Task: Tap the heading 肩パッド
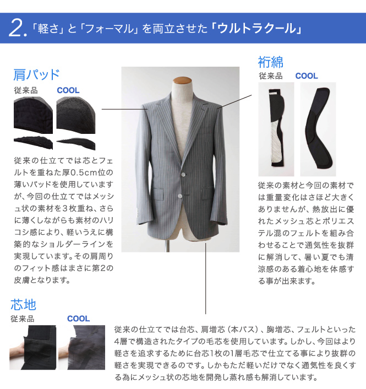(36, 74)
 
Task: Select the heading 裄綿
(271, 62)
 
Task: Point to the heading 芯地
(23, 304)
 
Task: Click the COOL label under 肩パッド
(68, 90)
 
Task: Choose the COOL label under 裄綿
(307, 76)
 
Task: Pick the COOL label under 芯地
(78, 318)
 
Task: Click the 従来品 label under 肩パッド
(26, 90)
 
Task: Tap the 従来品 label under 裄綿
(271, 76)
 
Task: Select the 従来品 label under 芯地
(23, 318)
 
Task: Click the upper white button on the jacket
(183, 174)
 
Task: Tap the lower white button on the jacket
(180, 196)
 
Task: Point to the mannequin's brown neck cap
(182, 80)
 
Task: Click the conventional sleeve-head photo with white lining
(276, 129)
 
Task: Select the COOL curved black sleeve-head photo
(318, 129)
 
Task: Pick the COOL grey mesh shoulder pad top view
(76, 115)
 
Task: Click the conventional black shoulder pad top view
(33, 115)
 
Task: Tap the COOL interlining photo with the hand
(82, 347)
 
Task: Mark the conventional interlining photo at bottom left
(32, 347)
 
